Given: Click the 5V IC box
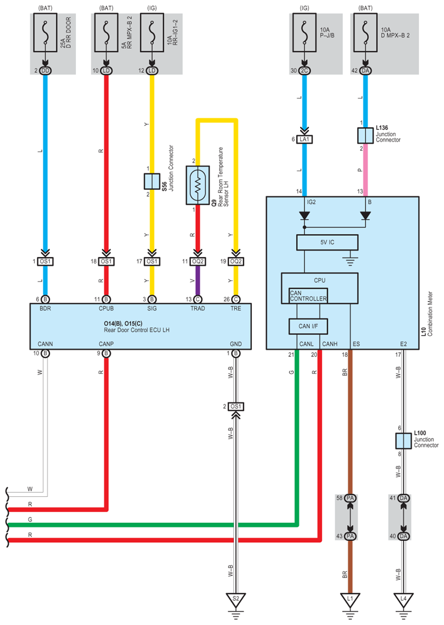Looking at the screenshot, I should (327, 242).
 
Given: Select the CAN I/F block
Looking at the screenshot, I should (308, 326).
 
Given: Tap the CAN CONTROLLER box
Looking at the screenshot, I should (308, 296).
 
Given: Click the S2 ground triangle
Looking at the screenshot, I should (235, 600).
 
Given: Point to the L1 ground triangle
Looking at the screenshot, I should (350, 600).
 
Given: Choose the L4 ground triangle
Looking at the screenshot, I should (403, 600).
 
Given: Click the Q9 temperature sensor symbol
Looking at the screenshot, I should (198, 185).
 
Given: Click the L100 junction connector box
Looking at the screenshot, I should (403, 441).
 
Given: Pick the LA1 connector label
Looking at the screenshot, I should (305, 139).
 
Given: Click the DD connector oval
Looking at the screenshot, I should (45, 71).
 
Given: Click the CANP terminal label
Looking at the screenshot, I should (106, 344).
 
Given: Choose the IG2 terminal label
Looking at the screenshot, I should (311, 202).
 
